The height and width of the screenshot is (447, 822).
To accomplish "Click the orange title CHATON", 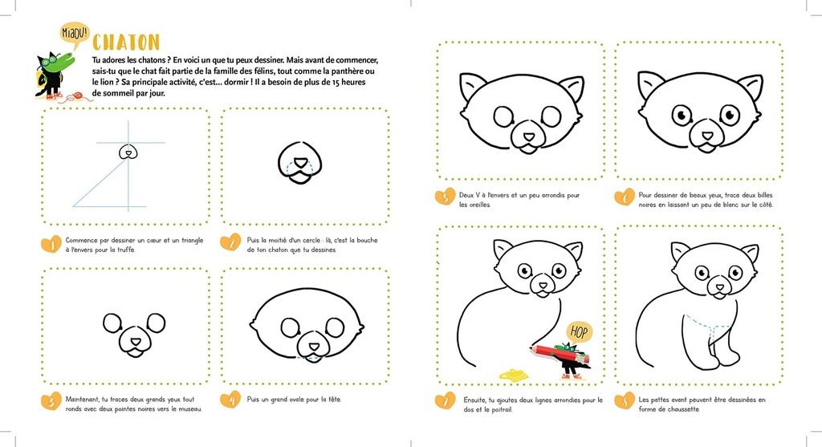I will coord(126,43).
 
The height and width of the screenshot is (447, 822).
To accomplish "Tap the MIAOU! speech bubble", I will coord(75,33).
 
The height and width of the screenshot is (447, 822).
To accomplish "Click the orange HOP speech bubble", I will coord(577,331).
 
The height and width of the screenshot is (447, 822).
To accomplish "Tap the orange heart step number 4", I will coord(230,399).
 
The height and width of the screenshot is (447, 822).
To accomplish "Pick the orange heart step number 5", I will coord(444,197).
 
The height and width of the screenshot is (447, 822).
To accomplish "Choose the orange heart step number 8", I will coord(623,400).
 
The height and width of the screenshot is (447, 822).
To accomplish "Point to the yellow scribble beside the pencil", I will coord(514,374).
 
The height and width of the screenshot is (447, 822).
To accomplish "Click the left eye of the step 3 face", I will coord(112,324).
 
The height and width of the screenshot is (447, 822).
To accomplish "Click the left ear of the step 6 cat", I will coord(651,83).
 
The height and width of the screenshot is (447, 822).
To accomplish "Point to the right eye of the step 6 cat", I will coord(729,114).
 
